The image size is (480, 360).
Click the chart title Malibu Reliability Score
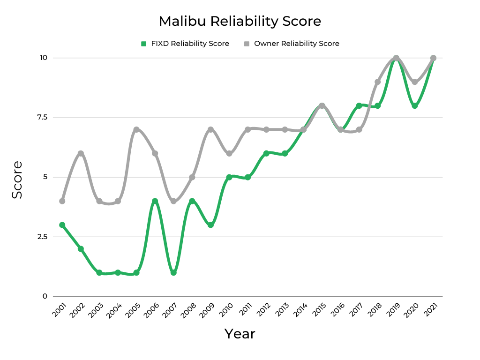tap(240, 22)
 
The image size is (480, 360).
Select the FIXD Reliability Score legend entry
tap(185, 44)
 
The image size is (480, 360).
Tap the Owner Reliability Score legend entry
tap(292, 44)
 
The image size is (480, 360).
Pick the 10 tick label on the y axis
tap(44, 58)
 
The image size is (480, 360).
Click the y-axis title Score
tap(17, 180)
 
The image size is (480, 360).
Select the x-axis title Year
tap(240, 334)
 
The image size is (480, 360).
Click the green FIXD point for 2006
tap(155, 201)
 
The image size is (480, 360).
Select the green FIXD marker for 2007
tap(173, 272)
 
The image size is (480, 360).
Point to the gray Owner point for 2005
tap(136, 129)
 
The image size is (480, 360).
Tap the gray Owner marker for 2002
tap(81, 153)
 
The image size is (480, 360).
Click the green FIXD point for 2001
tap(62, 225)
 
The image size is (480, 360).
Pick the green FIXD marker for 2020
tap(415, 106)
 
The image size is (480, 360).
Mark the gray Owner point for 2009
tap(210, 129)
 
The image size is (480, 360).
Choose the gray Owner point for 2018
tap(377, 82)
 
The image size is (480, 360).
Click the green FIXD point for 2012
tap(266, 153)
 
